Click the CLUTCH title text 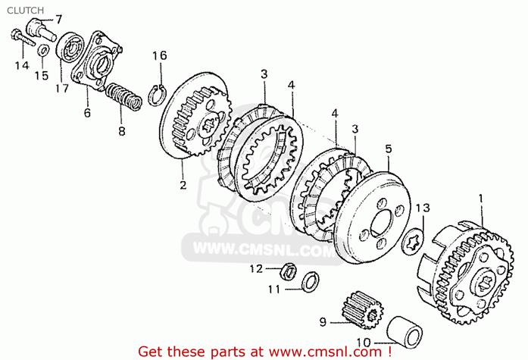[25, 11]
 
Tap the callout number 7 [59, 20]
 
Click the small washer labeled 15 [42, 50]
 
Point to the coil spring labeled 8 [123, 97]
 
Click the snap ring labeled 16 [157, 95]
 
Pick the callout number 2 [183, 185]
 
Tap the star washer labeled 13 [413, 239]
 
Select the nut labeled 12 [288, 271]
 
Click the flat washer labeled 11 [310, 282]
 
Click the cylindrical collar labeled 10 [404, 331]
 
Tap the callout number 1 [481, 199]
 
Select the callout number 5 [389, 149]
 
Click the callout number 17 [62, 89]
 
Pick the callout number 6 [87, 112]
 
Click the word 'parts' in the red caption [227, 352]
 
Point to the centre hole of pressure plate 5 [382, 223]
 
